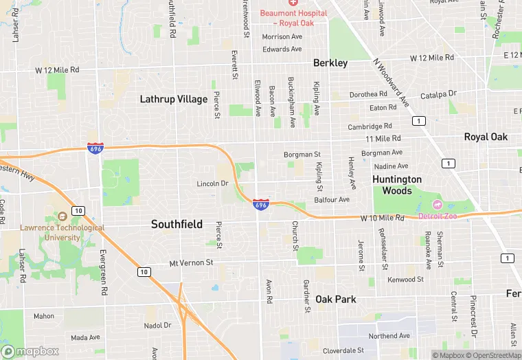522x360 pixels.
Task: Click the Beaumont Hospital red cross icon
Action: [x=293, y=3]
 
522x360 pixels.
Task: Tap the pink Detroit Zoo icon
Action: [x=437, y=205]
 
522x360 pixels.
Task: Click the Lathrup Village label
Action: [x=173, y=99]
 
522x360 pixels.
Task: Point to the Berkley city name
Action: [x=330, y=63]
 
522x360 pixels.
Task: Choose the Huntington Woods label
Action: [x=397, y=185]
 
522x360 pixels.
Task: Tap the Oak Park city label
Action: [x=336, y=300]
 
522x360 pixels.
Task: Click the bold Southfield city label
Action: [x=177, y=224]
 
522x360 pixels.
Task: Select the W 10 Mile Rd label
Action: [x=383, y=218]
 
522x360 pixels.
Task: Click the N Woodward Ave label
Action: [x=391, y=82]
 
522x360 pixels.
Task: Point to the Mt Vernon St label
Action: [x=192, y=263]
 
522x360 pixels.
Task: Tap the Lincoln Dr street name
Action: [x=212, y=183]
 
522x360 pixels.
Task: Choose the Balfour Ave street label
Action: [x=332, y=199]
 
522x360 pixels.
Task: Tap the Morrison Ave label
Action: [x=282, y=36]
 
